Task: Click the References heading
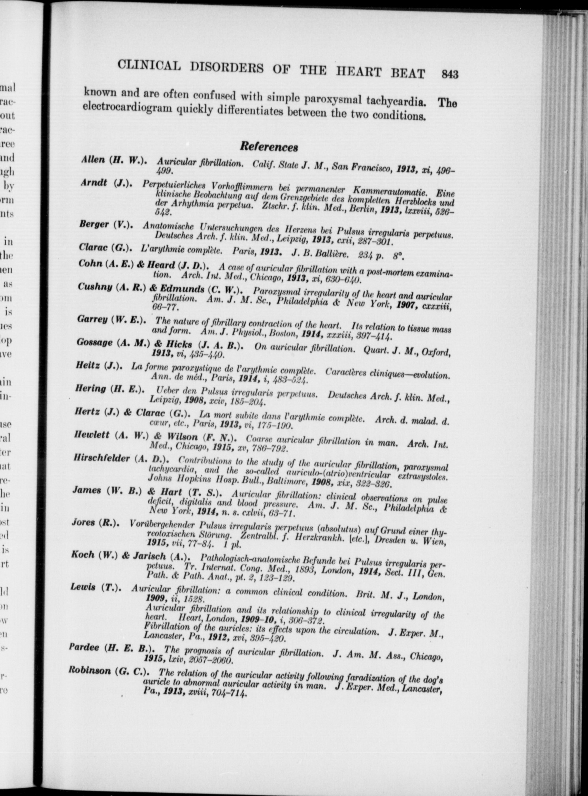coord(269,147)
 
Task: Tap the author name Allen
coord(92,160)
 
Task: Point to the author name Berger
coord(94,225)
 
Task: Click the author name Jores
coord(83,522)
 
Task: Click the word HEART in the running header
coord(362,72)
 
